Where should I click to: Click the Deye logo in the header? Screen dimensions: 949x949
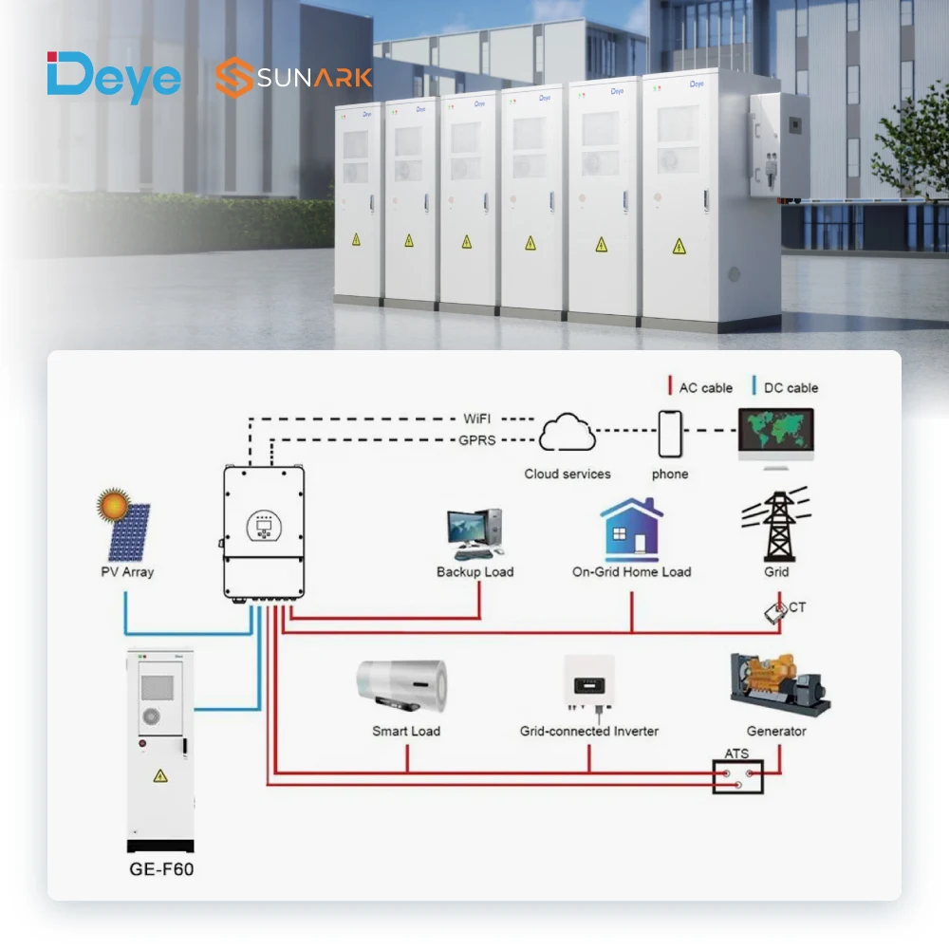113,78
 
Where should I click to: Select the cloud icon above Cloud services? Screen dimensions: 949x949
568,434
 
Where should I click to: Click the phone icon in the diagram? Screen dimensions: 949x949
670,434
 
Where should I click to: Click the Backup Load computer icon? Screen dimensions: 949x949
474,533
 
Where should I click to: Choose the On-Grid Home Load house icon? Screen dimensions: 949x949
631,530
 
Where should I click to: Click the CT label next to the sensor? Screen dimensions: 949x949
797,606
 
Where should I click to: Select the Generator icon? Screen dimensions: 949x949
778,686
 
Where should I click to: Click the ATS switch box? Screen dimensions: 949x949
738,777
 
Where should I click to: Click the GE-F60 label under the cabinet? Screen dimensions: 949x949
161,868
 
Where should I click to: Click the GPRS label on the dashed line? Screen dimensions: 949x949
477,440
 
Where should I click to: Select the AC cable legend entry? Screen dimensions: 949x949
700,387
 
